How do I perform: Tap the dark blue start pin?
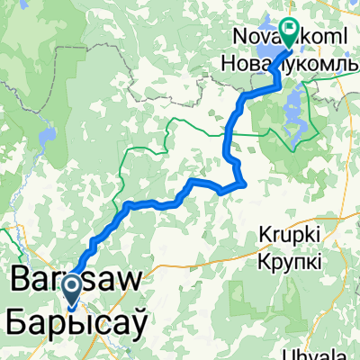click(71, 290)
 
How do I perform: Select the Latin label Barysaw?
click(76, 280)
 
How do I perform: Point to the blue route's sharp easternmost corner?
click(246, 184)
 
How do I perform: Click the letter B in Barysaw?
click(22, 280)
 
